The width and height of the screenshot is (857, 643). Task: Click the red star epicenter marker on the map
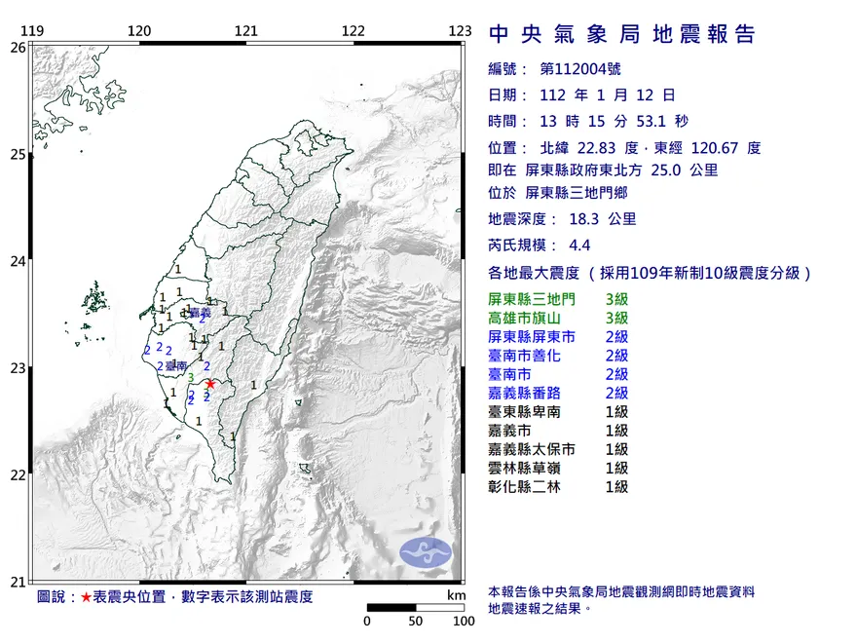coord(209,384)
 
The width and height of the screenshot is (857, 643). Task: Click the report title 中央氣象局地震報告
coord(621,34)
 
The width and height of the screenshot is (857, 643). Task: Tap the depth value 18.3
coord(581,219)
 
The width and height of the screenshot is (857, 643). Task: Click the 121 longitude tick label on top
coord(246,30)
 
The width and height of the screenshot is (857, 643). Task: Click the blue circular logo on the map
coord(426,551)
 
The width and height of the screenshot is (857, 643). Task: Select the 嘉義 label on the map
coord(201,313)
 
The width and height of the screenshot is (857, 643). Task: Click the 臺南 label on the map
coord(176,365)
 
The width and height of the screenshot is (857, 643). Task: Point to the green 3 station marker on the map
coord(192,378)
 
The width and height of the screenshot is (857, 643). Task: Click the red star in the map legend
coord(87,596)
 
